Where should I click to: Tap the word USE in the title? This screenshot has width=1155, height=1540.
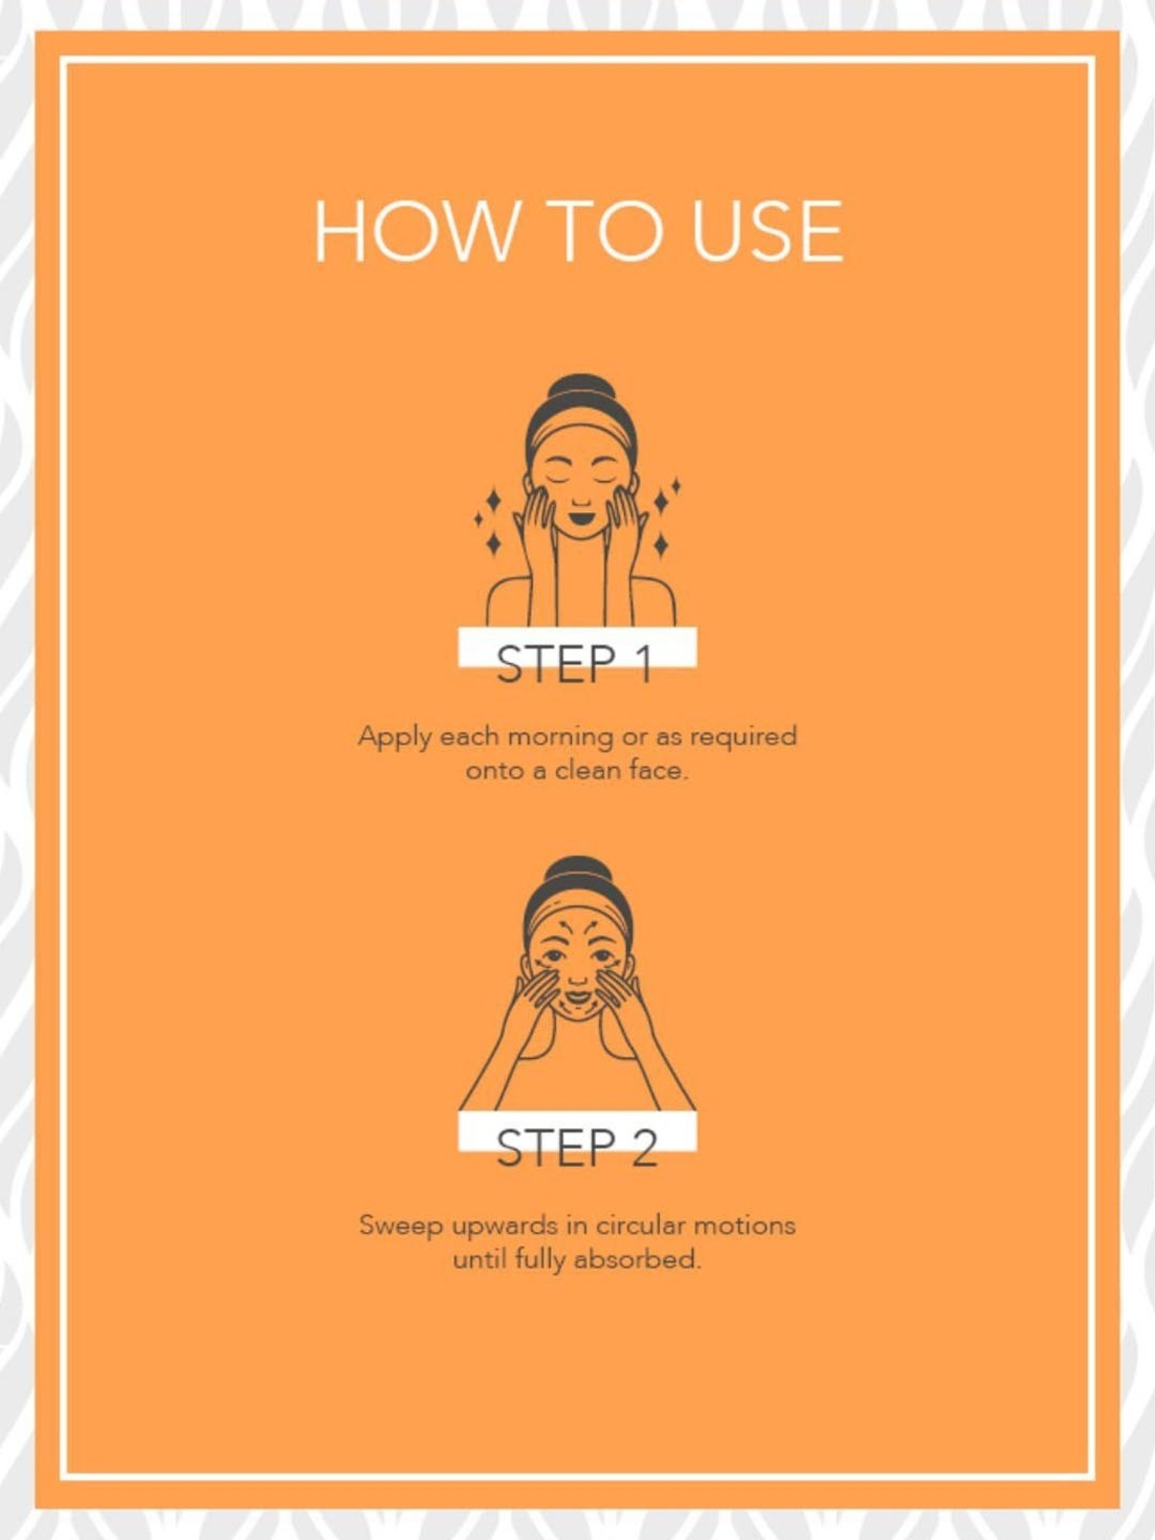coord(767,231)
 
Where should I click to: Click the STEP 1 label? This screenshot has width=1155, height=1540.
coord(574,665)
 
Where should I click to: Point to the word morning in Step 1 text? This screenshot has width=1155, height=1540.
coord(561,738)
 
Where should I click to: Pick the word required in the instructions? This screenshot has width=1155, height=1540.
coord(743,738)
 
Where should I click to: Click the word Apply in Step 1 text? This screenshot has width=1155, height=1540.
coord(394,738)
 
